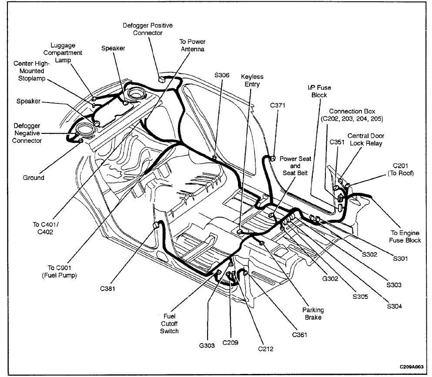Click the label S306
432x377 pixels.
point(222,75)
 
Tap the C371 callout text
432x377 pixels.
point(278,105)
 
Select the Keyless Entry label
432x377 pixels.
point(252,80)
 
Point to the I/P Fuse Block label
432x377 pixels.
point(319,91)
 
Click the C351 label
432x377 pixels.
point(337,142)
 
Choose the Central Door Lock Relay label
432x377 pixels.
point(366,139)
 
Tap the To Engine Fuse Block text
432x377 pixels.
point(405,236)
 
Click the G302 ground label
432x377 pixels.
point(330,278)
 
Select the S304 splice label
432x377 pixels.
point(394,306)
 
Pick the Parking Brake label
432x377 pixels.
point(313,314)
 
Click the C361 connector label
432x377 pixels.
point(299,335)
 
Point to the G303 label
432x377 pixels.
point(207,345)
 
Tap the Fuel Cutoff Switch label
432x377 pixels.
point(169,324)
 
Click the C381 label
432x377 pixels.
point(107,288)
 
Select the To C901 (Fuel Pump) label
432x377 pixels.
point(59,271)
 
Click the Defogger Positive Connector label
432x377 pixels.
point(147,29)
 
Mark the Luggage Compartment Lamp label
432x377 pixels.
point(63,53)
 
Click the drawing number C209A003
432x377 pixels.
point(412,367)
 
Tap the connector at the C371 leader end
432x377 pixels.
point(273,158)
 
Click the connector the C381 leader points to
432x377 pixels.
point(156,225)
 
